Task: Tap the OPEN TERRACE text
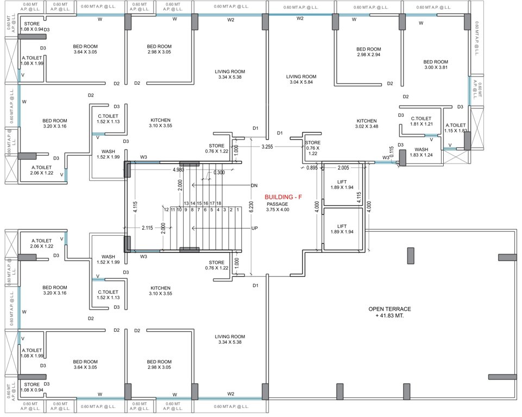point(388,309)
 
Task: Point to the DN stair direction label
point(254,186)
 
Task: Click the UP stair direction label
point(254,229)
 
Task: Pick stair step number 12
point(166,210)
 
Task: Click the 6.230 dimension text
point(250,207)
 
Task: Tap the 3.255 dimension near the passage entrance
point(267,147)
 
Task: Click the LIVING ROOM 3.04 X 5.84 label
point(301,80)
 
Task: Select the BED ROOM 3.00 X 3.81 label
point(436,65)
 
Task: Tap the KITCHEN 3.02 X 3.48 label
point(367,123)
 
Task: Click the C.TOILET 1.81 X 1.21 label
point(421,121)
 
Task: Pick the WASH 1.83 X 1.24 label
point(422,152)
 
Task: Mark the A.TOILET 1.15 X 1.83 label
point(455,128)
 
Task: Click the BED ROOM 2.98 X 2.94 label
point(369,52)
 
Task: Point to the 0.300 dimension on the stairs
point(219,173)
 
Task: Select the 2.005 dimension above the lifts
point(343,168)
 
